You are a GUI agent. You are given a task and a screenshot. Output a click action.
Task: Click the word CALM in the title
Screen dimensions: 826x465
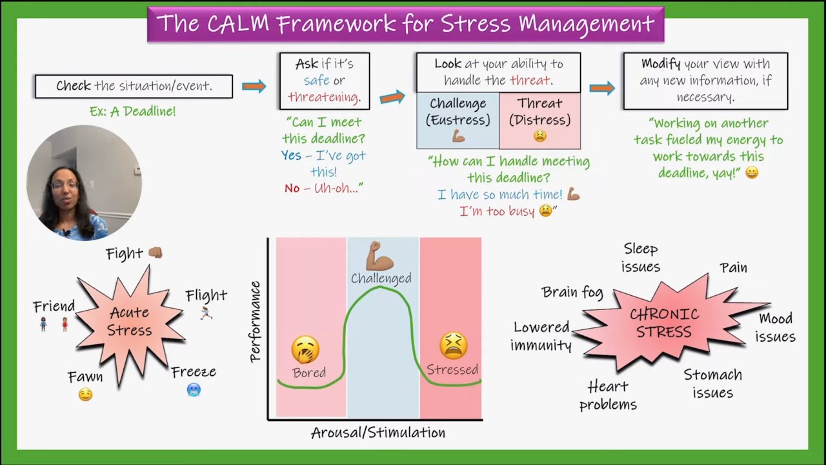coord(238,24)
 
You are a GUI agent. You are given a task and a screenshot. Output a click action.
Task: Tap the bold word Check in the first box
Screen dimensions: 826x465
coord(74,86)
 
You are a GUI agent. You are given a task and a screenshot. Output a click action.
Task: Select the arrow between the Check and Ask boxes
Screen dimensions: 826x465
coord(254,87)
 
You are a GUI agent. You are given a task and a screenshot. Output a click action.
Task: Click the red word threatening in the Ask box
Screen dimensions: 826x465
coord(324,97)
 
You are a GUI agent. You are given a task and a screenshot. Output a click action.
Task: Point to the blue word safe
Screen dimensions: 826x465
coord(316,80)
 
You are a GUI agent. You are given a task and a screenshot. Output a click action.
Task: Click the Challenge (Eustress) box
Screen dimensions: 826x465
coord(458,120)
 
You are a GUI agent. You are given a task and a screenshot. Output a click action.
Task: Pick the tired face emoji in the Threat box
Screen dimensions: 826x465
coord(540,136)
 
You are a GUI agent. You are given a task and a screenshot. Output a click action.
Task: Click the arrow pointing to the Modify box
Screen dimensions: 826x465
coord(602,88)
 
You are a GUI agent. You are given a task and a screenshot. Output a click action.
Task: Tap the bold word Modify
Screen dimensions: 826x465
coord(661,64)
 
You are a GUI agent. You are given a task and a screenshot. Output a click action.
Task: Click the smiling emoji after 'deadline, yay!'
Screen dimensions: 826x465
coord(752,172)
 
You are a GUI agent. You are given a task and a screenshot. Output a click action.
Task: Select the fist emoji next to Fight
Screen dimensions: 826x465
coord(156,253)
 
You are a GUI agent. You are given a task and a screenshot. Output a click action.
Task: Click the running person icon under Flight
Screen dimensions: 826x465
coord(206,313)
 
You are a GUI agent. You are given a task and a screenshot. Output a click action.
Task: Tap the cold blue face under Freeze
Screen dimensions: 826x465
coord(194,390)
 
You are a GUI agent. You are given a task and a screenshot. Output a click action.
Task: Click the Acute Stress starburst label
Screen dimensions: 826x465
coord(130,322)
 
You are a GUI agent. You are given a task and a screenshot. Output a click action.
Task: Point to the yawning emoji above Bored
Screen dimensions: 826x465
coord(305,349)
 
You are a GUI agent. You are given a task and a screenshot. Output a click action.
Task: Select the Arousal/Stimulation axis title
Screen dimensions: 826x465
coord(378,433)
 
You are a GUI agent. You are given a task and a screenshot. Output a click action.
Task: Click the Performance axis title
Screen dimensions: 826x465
coord(255,322)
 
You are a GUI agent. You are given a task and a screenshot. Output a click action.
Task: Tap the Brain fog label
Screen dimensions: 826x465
coord(572,293)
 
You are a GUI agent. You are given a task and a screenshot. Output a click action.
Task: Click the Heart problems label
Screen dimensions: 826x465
coord(608,396)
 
